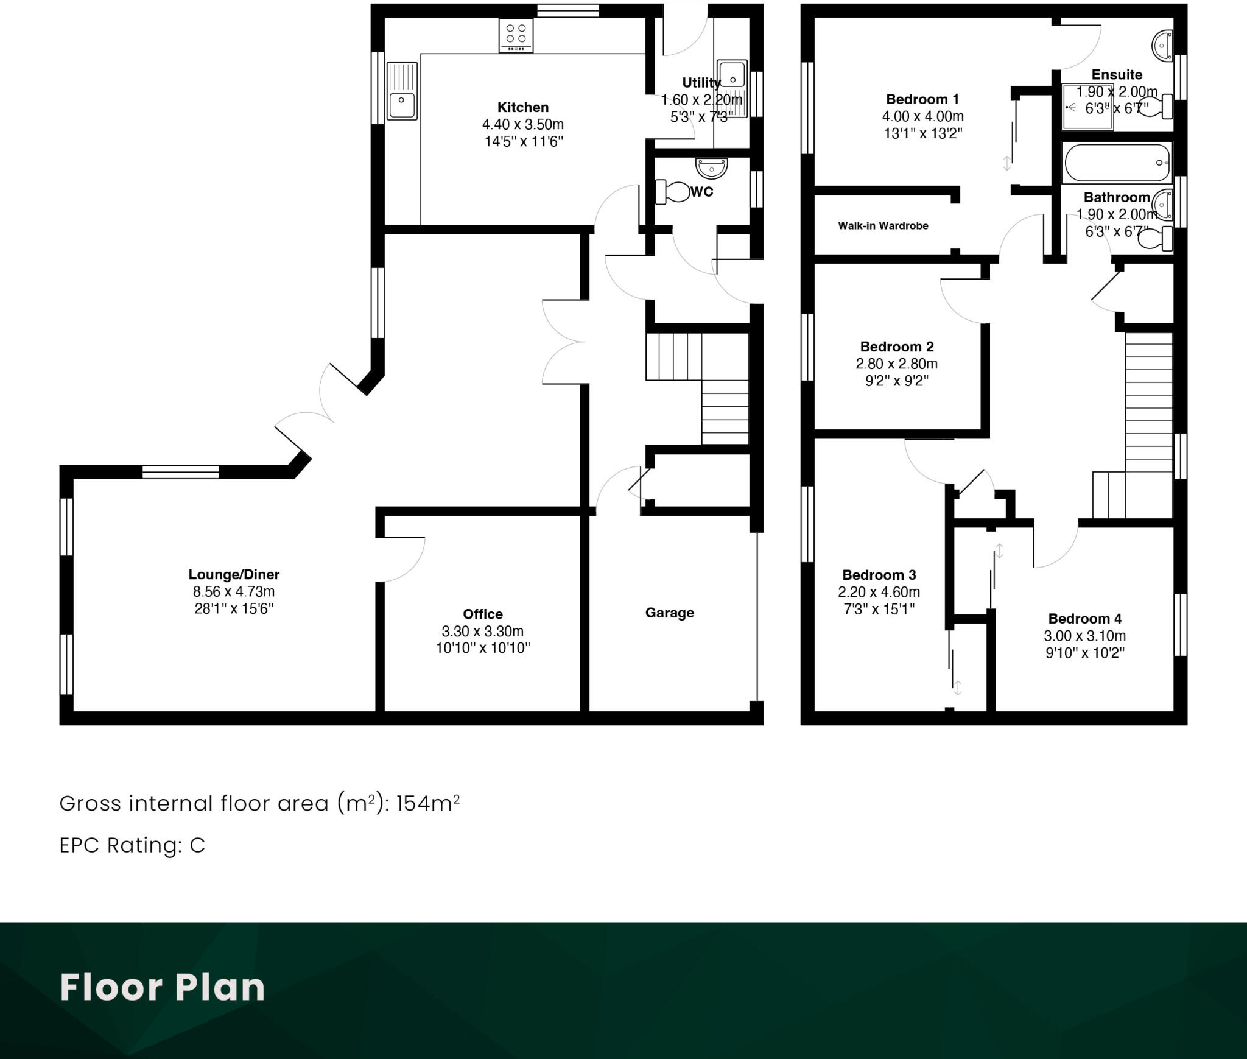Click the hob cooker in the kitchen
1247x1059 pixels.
click(x=516, y=35)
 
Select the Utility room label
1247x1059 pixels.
click(x=701, y=82)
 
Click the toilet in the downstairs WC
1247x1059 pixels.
click(x=672, y=192)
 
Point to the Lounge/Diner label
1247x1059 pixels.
click(x=234, y=574)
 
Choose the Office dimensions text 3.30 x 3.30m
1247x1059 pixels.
click(x=482, y=632)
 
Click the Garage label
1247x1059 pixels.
click(x=669, y=613)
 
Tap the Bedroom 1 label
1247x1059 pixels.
click(x=922, y=99)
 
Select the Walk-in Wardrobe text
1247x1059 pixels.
click(x=883, y=226)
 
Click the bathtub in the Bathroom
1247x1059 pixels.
click(x=1117, y=163)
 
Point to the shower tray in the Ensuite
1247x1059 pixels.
click(x=1087, y=108)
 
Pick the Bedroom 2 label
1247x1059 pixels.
click(x=896, y=347)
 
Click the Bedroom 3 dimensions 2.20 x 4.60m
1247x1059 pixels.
click(x=879, y=592)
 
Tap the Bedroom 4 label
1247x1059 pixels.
click(x=1084, y=619)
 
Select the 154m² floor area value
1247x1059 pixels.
click(x=427, y=804)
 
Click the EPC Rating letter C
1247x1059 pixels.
click(x=197, y=846)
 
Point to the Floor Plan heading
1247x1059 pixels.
click(x=163, y=987)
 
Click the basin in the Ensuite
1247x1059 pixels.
click(x=1162, y=46)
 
